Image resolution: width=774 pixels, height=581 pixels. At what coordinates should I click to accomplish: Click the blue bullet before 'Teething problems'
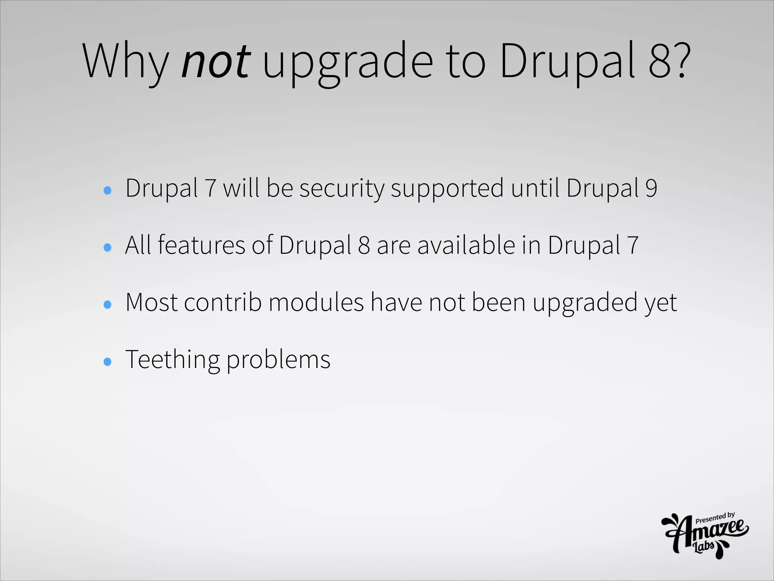pos(108,362)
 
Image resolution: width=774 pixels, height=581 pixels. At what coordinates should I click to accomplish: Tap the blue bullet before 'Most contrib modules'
pos(108,304)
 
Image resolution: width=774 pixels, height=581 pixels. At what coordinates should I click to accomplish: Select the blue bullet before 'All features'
pos(108,247)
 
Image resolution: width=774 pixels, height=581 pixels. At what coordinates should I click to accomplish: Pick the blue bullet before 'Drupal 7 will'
pos(108,190)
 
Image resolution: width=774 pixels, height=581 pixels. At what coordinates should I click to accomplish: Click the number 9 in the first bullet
pos(651,188)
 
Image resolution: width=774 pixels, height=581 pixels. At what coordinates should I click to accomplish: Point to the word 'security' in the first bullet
pos(342,189)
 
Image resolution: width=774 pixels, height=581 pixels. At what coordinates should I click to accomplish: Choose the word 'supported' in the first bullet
pos(447,189)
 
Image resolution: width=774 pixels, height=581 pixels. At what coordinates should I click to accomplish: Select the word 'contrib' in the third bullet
pos(223,302)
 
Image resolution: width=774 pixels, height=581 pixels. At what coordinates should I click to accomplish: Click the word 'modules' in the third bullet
pos(316,302)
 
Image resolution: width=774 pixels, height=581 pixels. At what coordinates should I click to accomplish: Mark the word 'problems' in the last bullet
pos(279,361)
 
